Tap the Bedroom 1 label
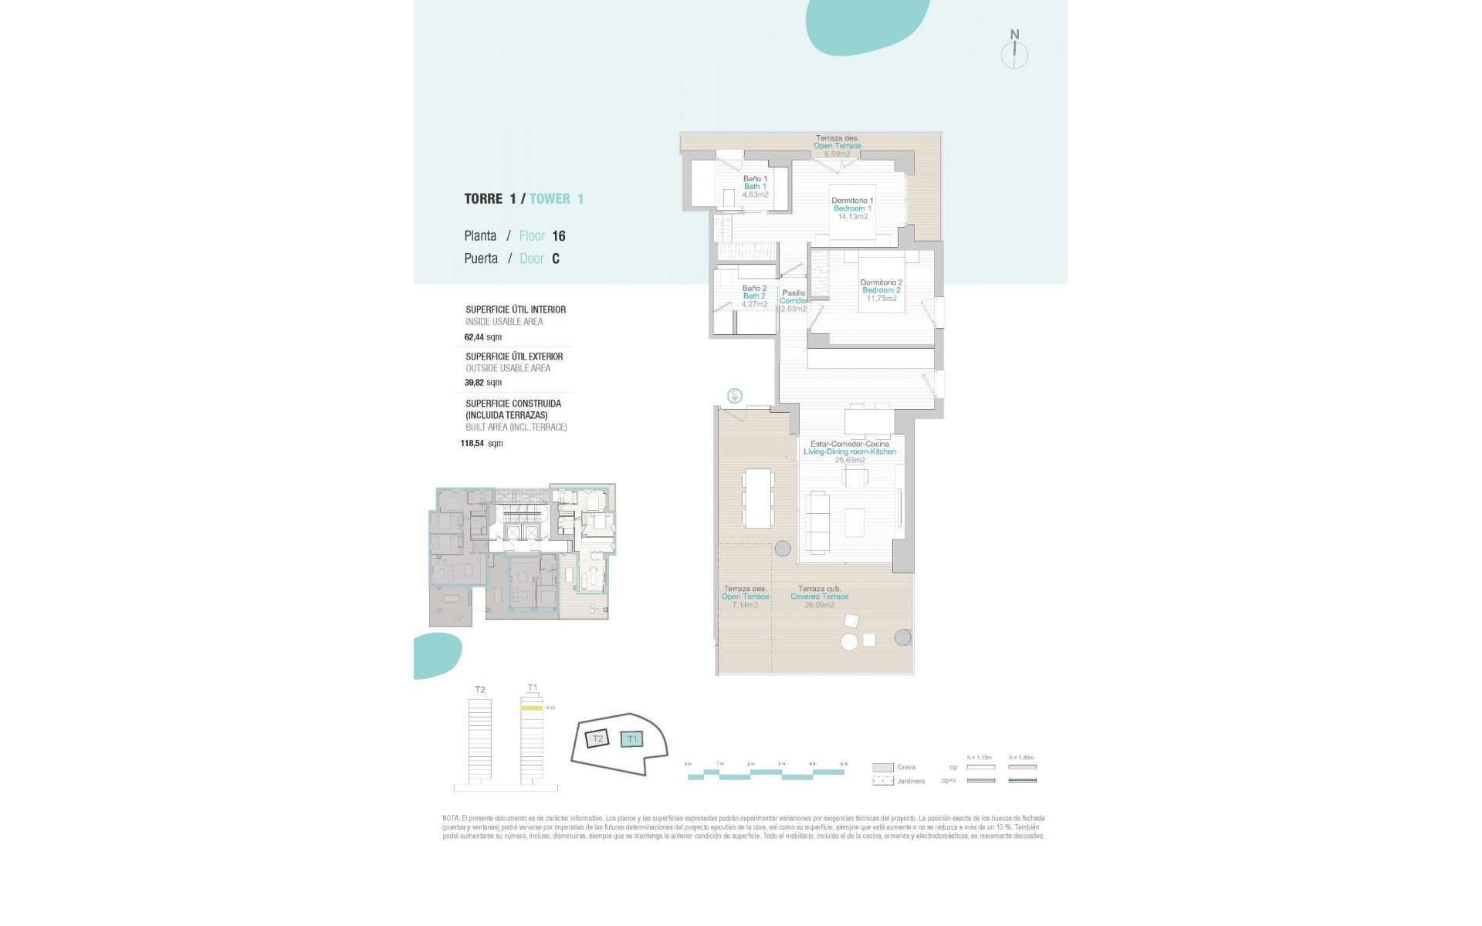[x=852, y=208]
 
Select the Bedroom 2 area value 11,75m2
[x=881, y=299]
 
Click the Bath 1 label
[x=755, y=187]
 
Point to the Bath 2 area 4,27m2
[x=754, y=304]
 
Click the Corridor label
[x=793, y=301]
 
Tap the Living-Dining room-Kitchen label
[x=850, y=452]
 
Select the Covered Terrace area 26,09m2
[x=819, y=605]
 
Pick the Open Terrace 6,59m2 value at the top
[x=837, y=154]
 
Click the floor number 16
[x=559, y=236]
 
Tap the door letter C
[x=555, y=259]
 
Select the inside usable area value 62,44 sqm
[x=483, y=337]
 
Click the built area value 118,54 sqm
[x=482, y=444]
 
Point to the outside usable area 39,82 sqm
[x=483, y=383]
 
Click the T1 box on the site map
[x=632, y=739]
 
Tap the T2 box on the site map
[x=597, y=739]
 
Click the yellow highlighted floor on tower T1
[x=531, y=708]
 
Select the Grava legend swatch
[x=882, y=768]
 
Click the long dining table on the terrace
[x=758, y=498]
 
